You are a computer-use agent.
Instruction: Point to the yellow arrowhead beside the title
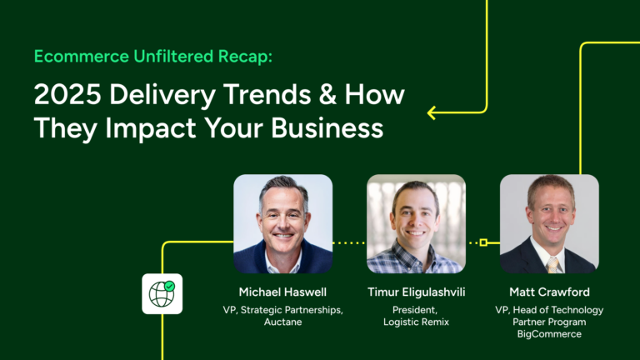click(x=432, y=112)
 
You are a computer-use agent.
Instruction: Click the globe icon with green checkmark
click(x=162, y=293)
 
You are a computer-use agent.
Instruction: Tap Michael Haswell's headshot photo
click(x=282, y=223)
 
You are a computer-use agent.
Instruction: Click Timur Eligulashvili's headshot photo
click(x=416, y=223)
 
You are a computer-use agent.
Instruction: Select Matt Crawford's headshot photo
click(x=549, y=223)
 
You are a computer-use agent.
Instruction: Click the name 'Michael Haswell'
click(x=282, y=292)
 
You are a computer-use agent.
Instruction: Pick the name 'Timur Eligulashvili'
click(x=416, y=292)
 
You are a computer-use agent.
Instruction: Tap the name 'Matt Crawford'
click(x=549, y=292)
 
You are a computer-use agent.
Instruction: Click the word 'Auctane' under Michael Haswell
click(x=282, y=322)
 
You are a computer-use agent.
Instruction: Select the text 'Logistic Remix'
click(x=416, y=322)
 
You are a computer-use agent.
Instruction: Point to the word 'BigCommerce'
click(x=549, y=333)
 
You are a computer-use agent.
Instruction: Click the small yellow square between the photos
click(x=483, y=242)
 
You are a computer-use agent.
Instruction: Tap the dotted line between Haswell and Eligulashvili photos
click(x=349, y=242)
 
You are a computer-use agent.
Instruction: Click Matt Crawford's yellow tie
click(x=552, y=263)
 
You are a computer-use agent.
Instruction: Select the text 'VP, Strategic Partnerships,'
click(x=282, y=310)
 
